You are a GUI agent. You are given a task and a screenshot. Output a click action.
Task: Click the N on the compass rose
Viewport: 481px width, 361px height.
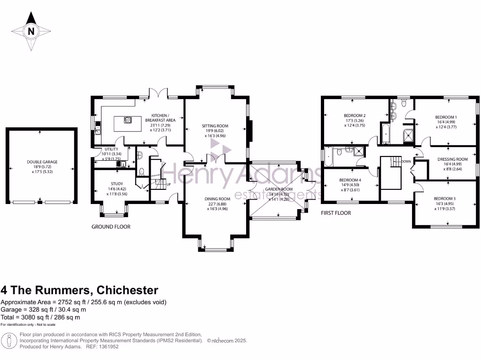pos(31,32)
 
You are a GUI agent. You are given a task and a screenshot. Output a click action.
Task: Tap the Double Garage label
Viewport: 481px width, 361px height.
pos(42,162)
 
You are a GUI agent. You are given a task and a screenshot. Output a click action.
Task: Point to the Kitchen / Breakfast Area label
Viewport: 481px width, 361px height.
pos(163,118)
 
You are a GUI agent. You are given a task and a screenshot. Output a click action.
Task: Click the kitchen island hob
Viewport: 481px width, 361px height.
pos(128,120)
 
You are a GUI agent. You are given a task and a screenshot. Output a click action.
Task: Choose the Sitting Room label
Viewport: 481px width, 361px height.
pos(215,126)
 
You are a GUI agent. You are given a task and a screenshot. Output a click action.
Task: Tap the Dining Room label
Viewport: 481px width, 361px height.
pos(217,198)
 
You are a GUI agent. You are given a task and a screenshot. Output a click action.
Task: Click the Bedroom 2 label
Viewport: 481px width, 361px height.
pos(354,116)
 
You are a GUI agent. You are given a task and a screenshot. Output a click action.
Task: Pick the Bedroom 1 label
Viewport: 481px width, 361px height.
pos(445,117)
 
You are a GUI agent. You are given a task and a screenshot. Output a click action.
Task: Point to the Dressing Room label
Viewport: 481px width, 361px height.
pos(452,159)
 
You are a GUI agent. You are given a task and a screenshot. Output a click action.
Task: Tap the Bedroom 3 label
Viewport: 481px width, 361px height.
pos(444,198)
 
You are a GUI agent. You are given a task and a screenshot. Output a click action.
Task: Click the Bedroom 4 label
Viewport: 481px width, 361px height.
pos(350,180)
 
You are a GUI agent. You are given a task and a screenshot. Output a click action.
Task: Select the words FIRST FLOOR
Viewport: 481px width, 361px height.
pos(335,213)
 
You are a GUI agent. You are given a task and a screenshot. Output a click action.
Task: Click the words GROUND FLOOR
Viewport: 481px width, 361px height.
pos(111,227)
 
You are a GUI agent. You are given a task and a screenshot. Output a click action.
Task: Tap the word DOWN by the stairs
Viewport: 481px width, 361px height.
pos(407,161)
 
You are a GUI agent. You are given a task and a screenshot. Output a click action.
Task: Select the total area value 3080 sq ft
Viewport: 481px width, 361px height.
pos(35,317)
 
